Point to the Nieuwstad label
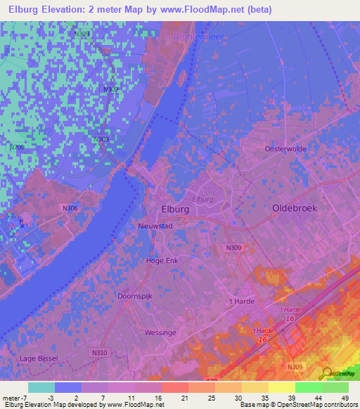click(x=154, y=226)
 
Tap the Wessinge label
click(x=160, y=332)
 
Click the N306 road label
click(x=69, y=208)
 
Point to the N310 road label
click(x=99, y=352)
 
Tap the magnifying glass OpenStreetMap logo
click(x=325, y=374)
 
